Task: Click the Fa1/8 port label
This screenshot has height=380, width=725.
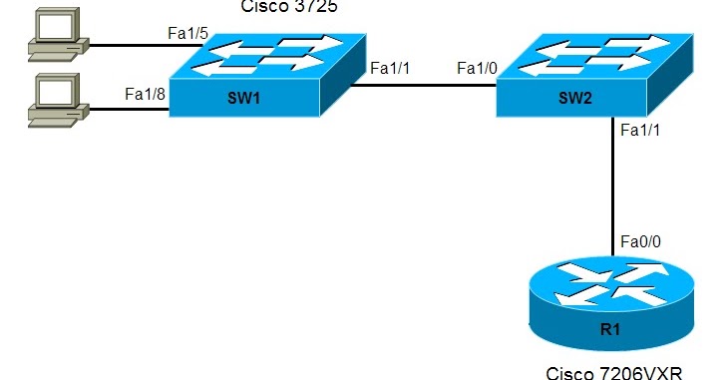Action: tap(145, 94)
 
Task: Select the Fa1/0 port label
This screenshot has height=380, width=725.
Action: tap(476, 68)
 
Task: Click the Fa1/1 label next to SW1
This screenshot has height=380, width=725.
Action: tap(390, 68)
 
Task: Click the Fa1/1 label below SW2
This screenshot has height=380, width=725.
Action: tap(639, 130)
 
